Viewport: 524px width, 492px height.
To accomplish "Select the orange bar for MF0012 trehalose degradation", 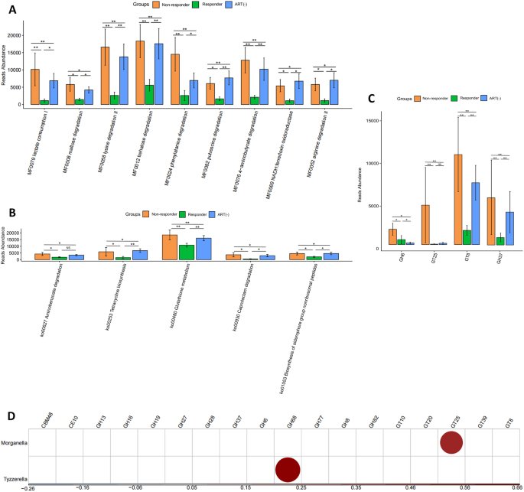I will point(139,73).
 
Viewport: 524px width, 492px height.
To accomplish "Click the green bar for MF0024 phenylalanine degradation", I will point(184,99).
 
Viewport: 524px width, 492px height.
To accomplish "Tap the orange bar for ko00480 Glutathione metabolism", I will point(170,248).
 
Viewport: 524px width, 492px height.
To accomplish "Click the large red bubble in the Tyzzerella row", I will point(288,468).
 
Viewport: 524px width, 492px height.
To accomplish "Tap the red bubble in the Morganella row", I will point(452,442).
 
